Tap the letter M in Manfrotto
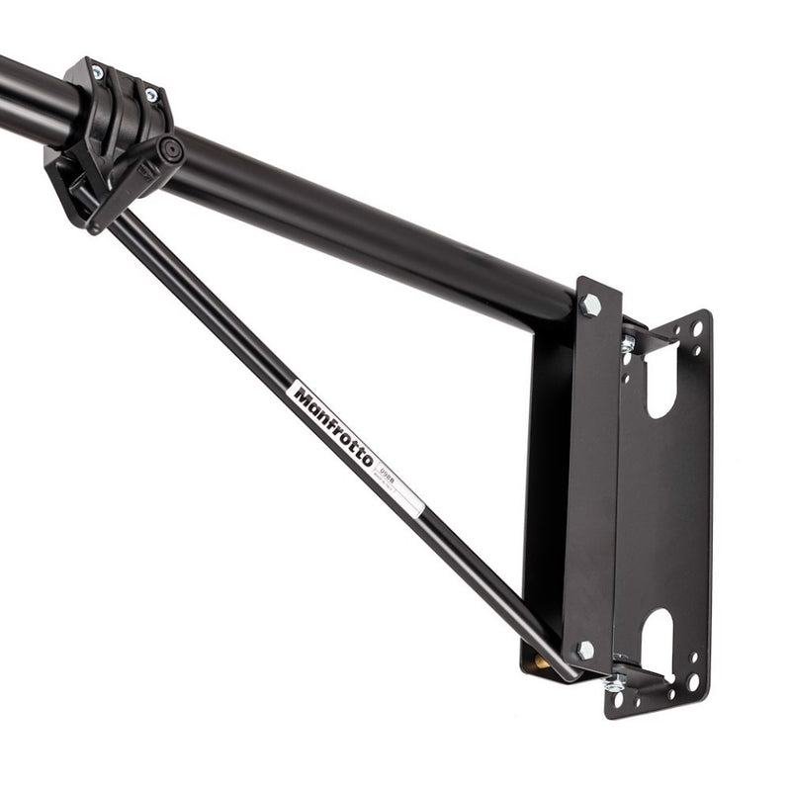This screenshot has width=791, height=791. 303,395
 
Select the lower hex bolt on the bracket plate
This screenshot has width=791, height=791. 585,650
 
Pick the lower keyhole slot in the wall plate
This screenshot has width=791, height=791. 658,640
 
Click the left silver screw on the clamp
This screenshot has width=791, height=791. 98,72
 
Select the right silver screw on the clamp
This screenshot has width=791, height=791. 150,95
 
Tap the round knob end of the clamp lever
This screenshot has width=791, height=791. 172,150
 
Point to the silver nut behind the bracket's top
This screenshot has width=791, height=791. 628,344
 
